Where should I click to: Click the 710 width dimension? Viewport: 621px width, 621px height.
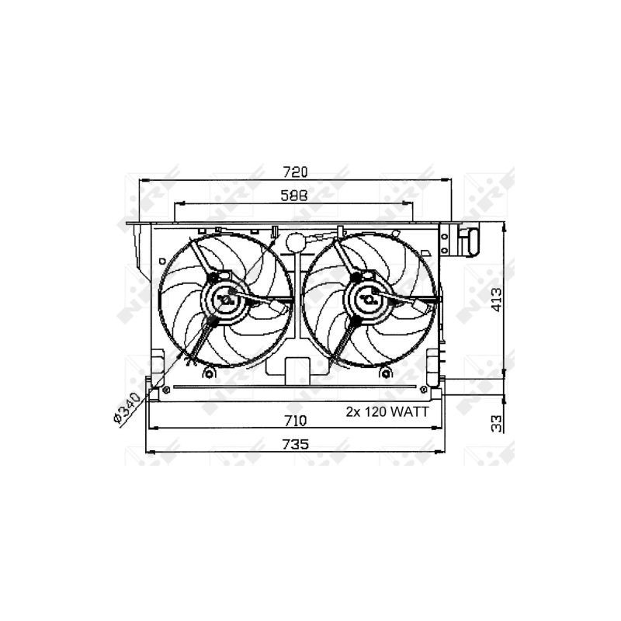coord(295,421)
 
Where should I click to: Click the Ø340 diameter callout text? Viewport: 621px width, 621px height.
coord(127,408)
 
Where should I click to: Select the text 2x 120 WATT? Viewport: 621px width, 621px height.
coord(387,413)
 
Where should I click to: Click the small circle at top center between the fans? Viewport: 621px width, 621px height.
coord(293,242)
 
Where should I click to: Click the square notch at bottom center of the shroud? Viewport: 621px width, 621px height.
coord(293,369)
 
